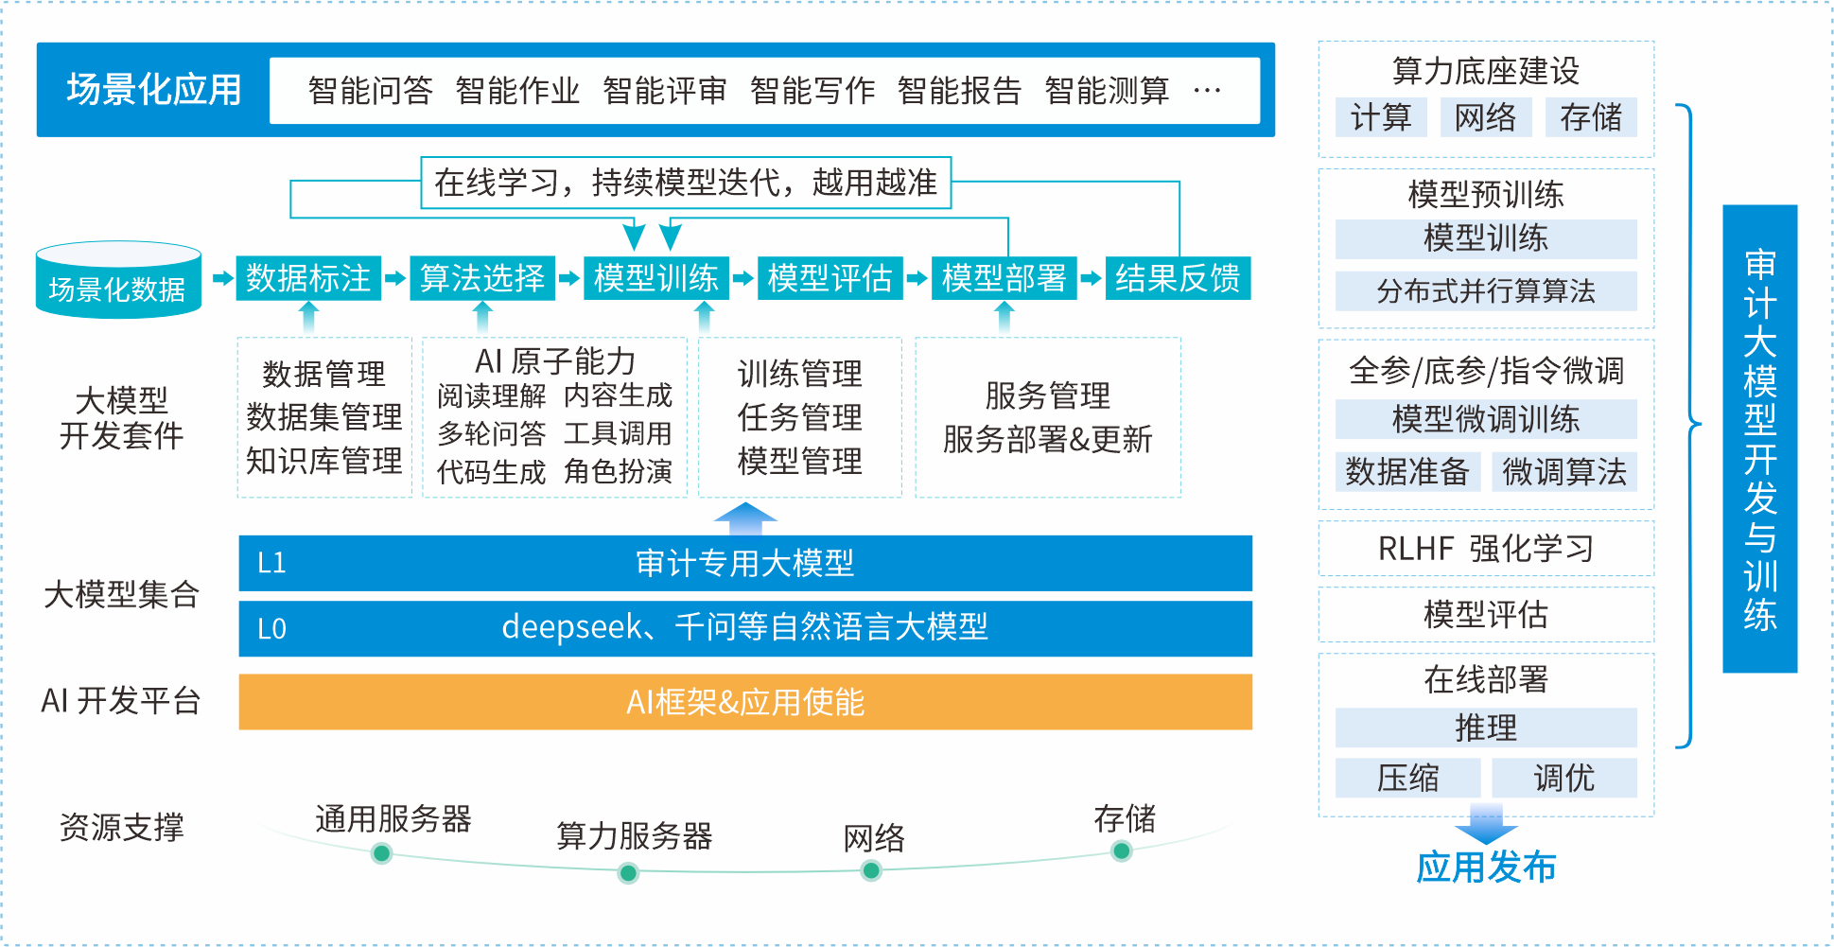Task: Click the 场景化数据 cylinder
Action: click(118, 281)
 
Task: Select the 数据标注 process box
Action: click(308, 278)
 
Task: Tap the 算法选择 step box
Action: click(482, 278)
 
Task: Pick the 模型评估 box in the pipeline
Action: click(830, 278)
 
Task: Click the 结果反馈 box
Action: click(1178, 278)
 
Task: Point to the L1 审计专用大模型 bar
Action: click(744, 564)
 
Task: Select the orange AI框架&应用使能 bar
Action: click(744, 702)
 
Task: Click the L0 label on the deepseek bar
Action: click(271, 629)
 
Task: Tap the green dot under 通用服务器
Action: click(382, 853)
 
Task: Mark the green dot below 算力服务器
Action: click(628, 872)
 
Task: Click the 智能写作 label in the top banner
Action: click(812, 91)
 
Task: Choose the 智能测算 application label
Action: click(1107, 91)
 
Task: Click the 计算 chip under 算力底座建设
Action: click(1381, 118)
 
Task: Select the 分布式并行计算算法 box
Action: click(1485, 291)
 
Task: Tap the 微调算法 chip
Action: click(1564, 471)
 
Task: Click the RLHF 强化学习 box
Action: click(1485, 549)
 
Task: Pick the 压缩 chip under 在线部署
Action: click(1407, 778)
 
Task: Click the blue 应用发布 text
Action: click(1485, 868)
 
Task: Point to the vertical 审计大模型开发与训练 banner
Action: click(1759, 438)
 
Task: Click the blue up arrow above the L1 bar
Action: click(745, 517)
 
